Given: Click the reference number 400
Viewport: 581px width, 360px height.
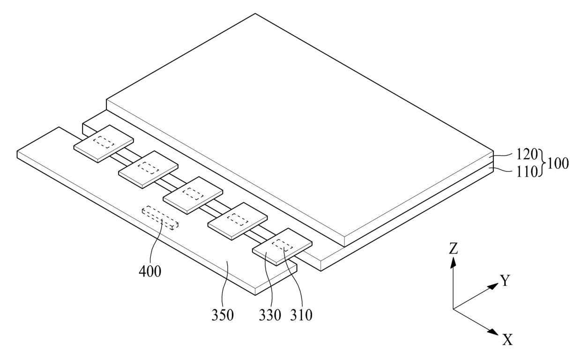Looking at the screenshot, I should pos(150,271).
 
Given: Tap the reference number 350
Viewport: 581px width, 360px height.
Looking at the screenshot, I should pos(222,315).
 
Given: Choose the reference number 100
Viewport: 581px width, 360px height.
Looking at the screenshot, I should pos(557,164).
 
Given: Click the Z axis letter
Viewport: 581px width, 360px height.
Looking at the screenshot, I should pos(453,248).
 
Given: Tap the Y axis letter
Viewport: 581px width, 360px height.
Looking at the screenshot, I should pos(505,281).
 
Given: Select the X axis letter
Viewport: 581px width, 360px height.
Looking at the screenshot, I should pos(507,340).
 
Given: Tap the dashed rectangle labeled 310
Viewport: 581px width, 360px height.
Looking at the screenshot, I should pos(283,245).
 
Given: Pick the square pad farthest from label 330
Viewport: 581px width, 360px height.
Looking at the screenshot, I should pos(104,143).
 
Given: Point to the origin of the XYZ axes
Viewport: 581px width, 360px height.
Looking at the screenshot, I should pos(453,309).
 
